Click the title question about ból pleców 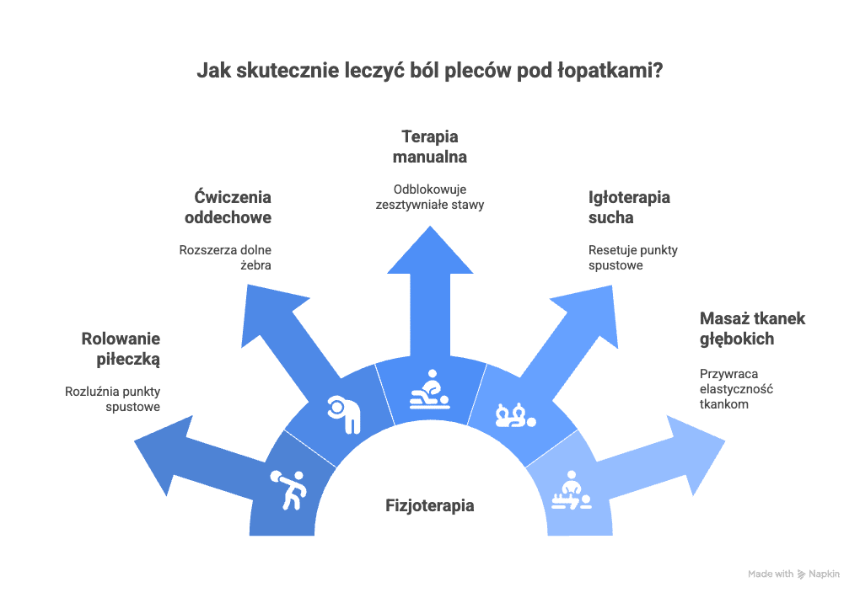pos(430,71)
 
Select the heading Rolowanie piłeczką pos(121,350)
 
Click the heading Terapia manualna pos(430,146)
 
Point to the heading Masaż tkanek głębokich pos(752,328)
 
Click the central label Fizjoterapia pos(430,506)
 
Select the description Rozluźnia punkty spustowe pos(113,399)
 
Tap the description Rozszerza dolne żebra pos(225,257)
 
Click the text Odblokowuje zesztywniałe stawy pos(430,196)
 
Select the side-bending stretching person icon pos(345,414)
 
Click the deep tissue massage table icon pos(572,491)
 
